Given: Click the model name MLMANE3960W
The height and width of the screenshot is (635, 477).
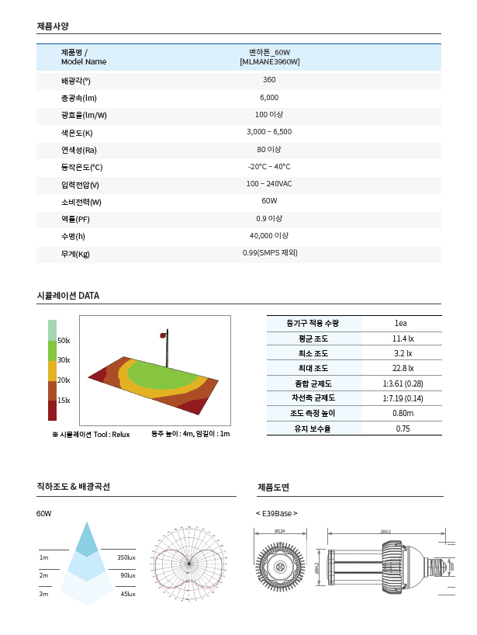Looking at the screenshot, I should click(269, 61).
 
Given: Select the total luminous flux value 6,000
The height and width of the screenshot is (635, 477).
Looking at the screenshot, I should click(269, 98).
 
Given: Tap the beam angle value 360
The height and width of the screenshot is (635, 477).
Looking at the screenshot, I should click(269, 80).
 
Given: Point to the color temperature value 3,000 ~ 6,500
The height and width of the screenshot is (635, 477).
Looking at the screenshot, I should click(269, 132).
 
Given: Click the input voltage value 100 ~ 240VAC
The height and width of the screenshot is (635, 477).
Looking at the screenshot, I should click(269, 184).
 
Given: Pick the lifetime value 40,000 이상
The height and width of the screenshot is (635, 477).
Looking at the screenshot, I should click(269, 235).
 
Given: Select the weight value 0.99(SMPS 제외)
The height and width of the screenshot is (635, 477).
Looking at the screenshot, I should click(269, 253).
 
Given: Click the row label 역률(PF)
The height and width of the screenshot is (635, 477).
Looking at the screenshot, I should click(75, 219).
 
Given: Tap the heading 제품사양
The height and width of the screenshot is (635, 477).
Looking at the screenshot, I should click(53, 26).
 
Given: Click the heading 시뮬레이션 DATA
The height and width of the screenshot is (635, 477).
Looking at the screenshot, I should click(68, 296).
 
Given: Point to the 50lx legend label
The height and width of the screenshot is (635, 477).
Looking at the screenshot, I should click(64, 340).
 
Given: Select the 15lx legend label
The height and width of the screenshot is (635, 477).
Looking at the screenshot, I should click(64, 400).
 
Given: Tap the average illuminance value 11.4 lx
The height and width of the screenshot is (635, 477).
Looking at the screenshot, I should click(403, 339).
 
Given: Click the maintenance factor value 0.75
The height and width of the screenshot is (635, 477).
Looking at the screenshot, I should click(403, 428).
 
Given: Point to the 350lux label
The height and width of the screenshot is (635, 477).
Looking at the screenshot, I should click(126, 557).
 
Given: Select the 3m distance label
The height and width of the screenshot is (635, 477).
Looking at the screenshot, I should click(43, 594).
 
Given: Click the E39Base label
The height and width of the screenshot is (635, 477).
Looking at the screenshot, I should click(277, 513).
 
